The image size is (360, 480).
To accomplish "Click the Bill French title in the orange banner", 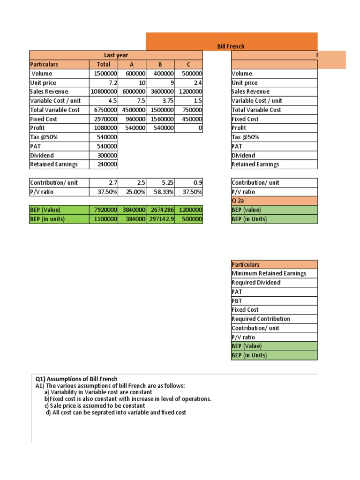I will click(x=231, y=46).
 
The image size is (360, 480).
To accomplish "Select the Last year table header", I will click(x=116, y=55).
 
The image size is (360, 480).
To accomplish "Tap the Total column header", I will click(x=104, y=64).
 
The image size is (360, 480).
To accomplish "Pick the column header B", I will click(x=160, y=64).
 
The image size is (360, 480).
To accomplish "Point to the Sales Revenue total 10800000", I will click(x=104, y=91).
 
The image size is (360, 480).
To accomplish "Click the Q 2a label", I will click(x=238, y=201).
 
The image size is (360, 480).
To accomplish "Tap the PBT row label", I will click(x=237, y=300).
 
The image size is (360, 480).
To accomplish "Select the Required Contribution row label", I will click(x=261, y=319).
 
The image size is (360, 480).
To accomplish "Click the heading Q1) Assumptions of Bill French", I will click(x=77, y=379).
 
